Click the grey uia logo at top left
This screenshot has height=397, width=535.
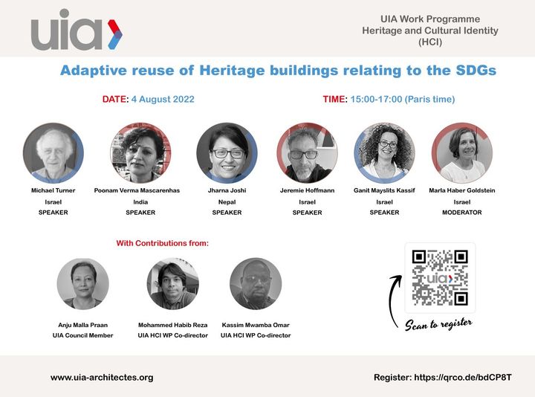pos(77,30)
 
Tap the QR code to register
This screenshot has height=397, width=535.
pos(440,278)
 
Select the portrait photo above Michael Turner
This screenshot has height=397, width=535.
pos(53,153)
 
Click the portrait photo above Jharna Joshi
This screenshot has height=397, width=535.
pos(227,153)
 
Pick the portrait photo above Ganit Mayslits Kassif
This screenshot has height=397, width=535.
pos(385,153)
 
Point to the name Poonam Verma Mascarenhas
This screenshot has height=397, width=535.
pos(137,190)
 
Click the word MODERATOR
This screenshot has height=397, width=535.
pos(462,213)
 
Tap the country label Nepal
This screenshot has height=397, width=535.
pos(227,202)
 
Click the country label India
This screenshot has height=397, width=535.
pos(140,202)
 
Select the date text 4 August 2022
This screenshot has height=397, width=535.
pos(163,100)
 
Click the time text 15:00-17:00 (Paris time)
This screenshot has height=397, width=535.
pos(403,100)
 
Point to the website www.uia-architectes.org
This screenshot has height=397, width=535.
pos(102,378)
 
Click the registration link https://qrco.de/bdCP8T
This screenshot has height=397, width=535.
pos(463,378)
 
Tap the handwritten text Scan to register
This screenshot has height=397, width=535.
pos(439,324)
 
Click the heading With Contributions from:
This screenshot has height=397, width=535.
pos(163,243)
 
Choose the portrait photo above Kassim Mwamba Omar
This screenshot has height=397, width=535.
pos(256,284)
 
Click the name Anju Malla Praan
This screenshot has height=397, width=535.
pos(83,325)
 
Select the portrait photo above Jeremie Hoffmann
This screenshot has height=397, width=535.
pos(307,153)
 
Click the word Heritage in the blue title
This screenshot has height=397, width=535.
pos(232,71)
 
